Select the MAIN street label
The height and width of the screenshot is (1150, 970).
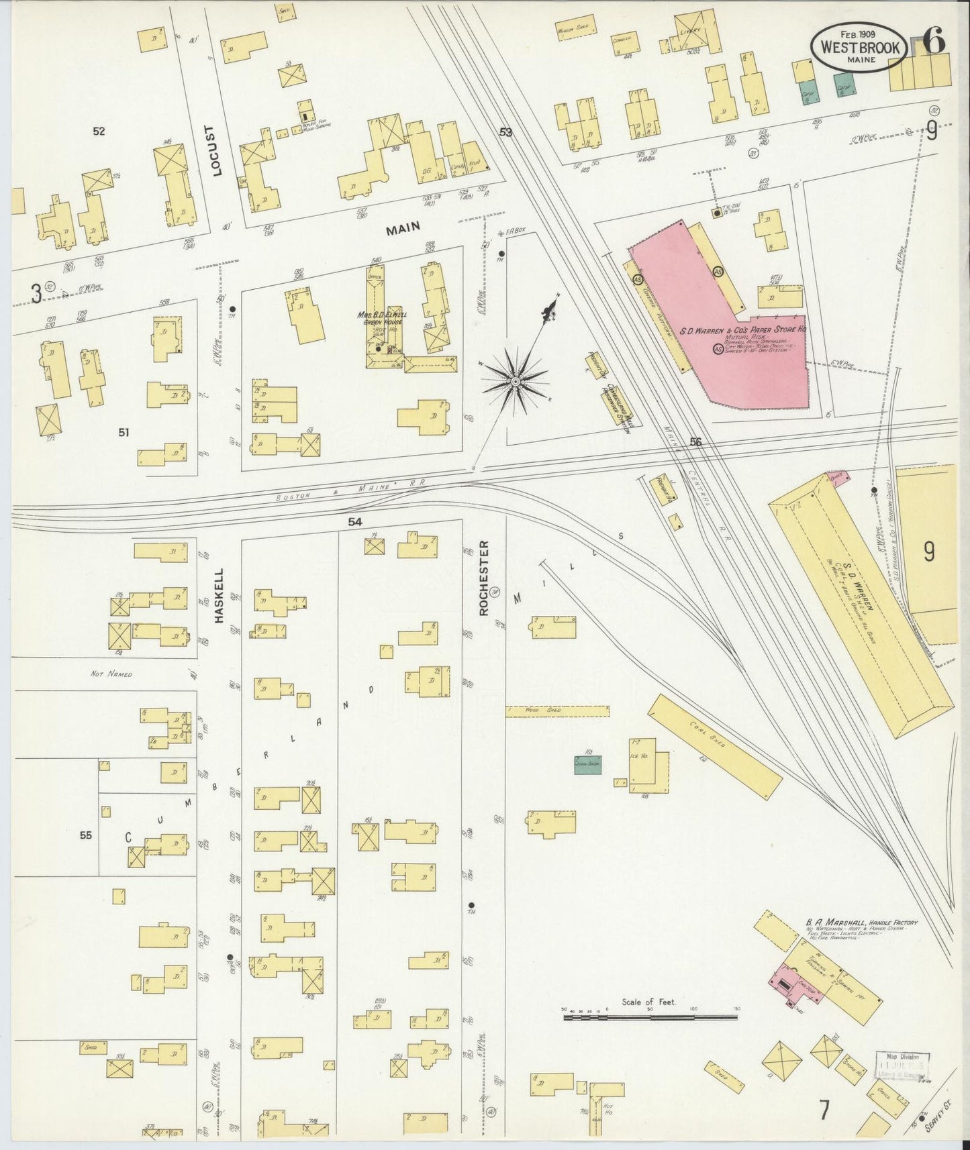403,228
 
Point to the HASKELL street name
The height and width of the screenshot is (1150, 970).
219,596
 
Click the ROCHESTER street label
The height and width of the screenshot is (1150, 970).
483,578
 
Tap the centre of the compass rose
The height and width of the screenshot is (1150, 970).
516,381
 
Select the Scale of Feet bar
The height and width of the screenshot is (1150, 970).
650,1017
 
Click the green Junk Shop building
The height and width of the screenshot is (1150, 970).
587,764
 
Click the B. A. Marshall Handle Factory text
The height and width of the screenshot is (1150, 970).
861,923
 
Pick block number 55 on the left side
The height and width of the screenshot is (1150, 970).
85,835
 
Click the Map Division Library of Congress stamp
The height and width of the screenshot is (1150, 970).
902,1065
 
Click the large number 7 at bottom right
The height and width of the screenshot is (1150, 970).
824,1110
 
